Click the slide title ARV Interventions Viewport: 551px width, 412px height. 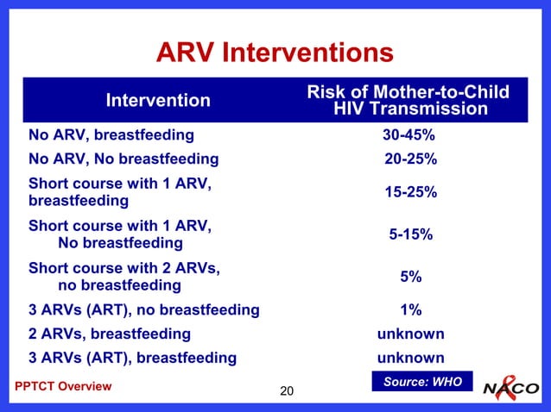[275, 53]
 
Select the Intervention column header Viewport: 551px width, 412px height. [158, 101]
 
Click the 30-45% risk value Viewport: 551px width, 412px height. [408, 135]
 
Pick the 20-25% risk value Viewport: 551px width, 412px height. [410, 159]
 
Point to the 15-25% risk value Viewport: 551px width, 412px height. [410, 192]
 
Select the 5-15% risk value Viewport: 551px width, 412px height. [410, 234]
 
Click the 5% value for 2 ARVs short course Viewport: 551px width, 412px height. [410, 277]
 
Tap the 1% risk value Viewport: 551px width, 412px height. [410, 309]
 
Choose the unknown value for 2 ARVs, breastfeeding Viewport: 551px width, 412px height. [410, 334]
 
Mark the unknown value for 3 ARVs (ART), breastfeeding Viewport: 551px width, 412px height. [410, 358]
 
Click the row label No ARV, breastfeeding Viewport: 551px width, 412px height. [111, 135]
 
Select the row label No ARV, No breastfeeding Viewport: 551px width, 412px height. [123, 159]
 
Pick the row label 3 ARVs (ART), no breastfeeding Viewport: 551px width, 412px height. [143, 309]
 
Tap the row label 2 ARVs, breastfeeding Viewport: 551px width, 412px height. [110, 334]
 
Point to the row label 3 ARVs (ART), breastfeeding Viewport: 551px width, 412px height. [132, 358]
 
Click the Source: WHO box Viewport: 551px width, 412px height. [422, 382]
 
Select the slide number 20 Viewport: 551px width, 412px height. [288, 393]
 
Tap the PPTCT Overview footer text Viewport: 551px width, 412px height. [63, 386]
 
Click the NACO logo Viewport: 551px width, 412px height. [511, 387]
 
